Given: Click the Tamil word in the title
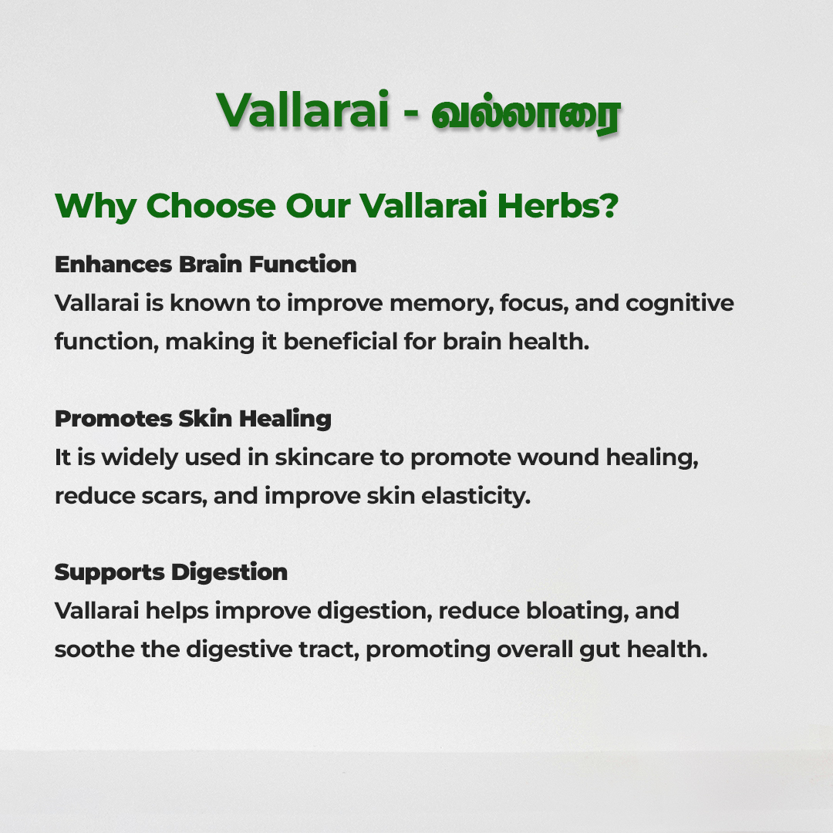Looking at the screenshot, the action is (525, 113).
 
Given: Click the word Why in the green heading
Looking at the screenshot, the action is (96, 207).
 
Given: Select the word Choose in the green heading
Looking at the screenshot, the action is (211, 206).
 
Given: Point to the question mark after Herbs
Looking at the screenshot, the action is (611, 205).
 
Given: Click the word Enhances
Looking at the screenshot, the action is (113, 264).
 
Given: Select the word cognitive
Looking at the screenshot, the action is (680, 304).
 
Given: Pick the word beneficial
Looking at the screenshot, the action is (340, 342).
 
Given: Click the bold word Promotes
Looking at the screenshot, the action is (113, 419).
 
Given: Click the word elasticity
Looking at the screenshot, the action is (476, 496).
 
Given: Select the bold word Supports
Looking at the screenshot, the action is (110, 572).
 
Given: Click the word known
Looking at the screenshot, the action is (210, 303).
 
